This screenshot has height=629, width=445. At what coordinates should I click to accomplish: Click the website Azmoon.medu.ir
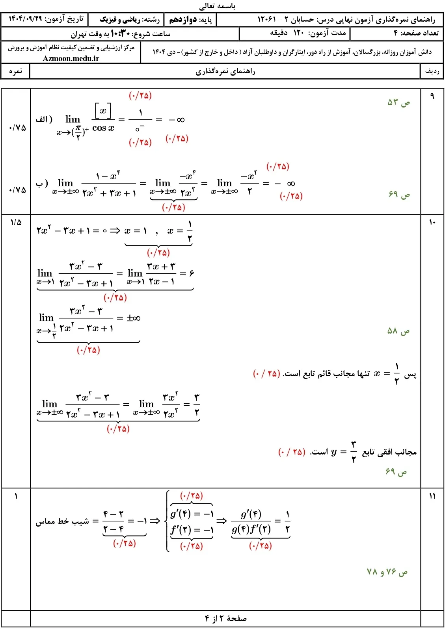pos(71,58)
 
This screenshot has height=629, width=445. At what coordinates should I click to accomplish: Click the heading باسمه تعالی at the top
pos(217,6)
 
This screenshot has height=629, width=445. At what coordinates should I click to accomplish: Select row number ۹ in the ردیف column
pos(432,96)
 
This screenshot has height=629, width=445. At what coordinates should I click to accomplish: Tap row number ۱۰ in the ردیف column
pos(432,223)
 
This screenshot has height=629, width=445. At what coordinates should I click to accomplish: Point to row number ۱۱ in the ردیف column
pos(432,496)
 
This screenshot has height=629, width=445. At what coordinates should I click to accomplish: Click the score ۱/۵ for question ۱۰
pos(16,223)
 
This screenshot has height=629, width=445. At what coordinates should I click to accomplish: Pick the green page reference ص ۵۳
pos(398,103)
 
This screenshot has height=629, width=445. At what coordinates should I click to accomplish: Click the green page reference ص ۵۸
pos(398,331)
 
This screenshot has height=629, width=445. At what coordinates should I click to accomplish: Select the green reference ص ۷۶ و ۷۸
pos(387,572)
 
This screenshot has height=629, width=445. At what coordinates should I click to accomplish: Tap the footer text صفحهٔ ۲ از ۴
pos(226,618)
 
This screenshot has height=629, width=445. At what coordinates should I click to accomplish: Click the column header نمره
pos(15,71)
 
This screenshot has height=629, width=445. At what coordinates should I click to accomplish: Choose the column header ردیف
pos(432,71)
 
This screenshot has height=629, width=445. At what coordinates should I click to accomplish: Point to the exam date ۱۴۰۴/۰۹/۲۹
pos(25,19)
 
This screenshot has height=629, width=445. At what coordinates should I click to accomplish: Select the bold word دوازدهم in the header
pos(183,19)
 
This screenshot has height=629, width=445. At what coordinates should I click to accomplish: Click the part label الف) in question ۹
pos(44,119)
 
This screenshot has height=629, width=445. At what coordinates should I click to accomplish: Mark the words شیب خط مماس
pos(62,521)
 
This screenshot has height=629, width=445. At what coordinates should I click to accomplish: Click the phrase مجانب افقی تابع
pos(389,452)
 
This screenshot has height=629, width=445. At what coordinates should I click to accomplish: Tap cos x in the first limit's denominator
pos(103,128)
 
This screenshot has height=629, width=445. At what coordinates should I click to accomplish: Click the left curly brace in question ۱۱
pos(168,521)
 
